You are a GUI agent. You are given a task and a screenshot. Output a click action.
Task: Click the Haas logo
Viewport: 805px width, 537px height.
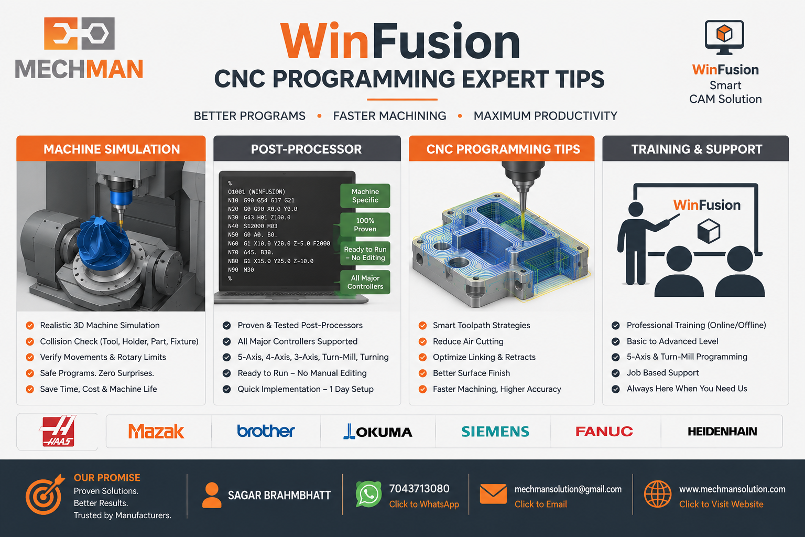[x=58, y=431]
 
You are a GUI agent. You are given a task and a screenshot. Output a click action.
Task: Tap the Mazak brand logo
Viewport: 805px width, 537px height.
[x=156, y=431]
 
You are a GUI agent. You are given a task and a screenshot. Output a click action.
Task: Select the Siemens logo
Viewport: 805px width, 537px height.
[x=495, y=431]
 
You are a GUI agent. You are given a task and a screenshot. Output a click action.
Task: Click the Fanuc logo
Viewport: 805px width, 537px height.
[x=604, y=431]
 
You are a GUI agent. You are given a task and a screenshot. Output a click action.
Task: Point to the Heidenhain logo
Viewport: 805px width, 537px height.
[x=722, y=431]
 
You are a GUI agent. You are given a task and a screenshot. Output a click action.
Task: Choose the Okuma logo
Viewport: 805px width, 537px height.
[x=378, y=431]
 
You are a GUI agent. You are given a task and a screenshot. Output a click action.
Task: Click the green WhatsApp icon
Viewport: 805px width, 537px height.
[x=368, y=494]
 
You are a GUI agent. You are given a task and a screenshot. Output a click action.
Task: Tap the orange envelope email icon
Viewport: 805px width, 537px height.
[x=493, y=494]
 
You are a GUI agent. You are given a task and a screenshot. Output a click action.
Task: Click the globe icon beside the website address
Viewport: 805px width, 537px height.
[x=658, y=494]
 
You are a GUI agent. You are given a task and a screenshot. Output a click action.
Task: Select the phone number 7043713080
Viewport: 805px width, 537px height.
[x=419, y=488]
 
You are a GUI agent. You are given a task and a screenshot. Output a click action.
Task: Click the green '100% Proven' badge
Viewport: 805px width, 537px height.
[x=365, y=224]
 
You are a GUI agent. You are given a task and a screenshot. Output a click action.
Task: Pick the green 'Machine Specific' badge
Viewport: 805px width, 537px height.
[x=365, y=196]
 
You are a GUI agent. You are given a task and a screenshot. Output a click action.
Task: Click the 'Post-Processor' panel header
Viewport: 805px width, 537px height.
[x=307, y=148]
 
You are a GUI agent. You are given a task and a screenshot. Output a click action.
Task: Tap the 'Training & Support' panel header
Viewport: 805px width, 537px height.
[x=696, y=148]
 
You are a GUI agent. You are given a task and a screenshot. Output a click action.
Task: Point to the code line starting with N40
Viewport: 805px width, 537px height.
[x=253, y=226]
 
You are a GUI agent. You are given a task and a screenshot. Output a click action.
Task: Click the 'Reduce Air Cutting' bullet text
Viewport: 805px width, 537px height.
[x=468, y=341]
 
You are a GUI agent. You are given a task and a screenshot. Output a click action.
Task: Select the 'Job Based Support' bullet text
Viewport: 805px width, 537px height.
[x=662, y=373]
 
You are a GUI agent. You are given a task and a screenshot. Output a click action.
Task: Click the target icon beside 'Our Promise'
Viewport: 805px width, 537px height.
[x=45, y=495]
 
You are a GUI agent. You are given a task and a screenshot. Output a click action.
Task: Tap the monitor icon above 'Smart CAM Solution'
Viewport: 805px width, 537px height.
[x=724, y=37]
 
